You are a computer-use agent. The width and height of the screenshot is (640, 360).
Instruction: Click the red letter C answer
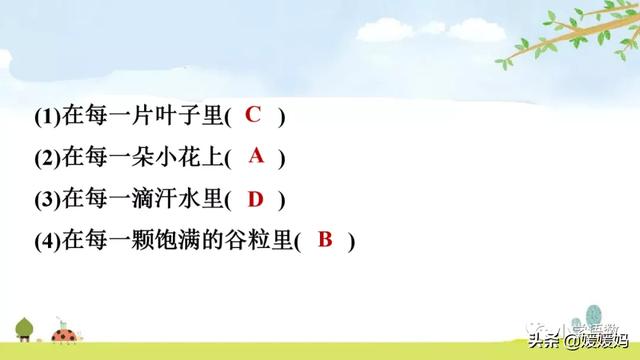253,115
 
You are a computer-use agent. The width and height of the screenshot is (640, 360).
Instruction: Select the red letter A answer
256,156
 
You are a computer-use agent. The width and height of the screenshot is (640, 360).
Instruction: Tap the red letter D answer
255,198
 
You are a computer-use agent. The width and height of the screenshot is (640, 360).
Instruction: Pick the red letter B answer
324,240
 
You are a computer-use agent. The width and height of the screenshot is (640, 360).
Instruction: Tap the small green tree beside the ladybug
24,327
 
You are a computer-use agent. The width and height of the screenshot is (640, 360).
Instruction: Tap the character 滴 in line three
129,200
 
